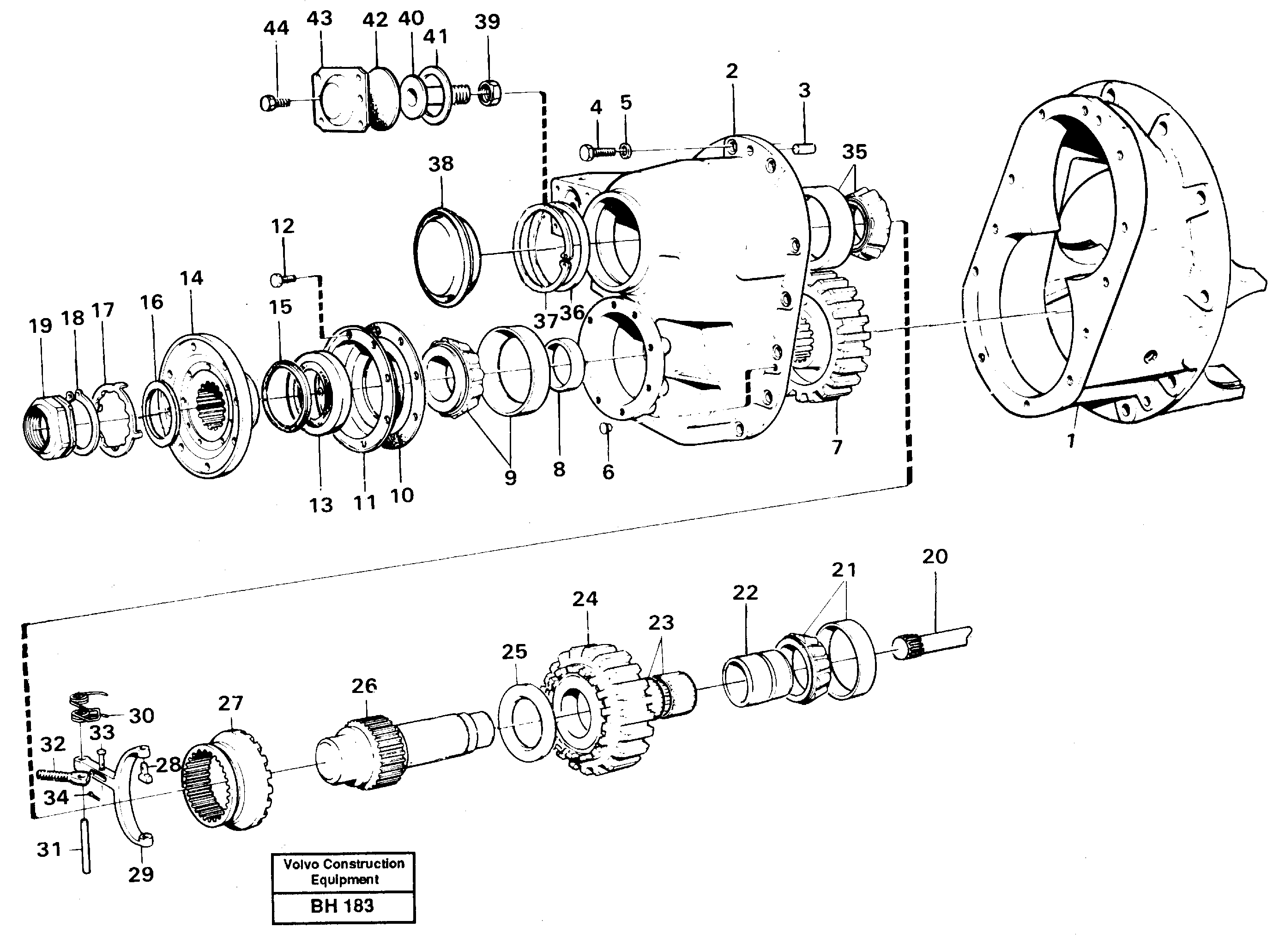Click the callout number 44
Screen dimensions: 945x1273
[276, 29]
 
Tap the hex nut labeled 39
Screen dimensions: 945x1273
[490, 94]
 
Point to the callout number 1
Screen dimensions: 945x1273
[1070, 441]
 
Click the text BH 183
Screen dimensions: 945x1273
[342, 906]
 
